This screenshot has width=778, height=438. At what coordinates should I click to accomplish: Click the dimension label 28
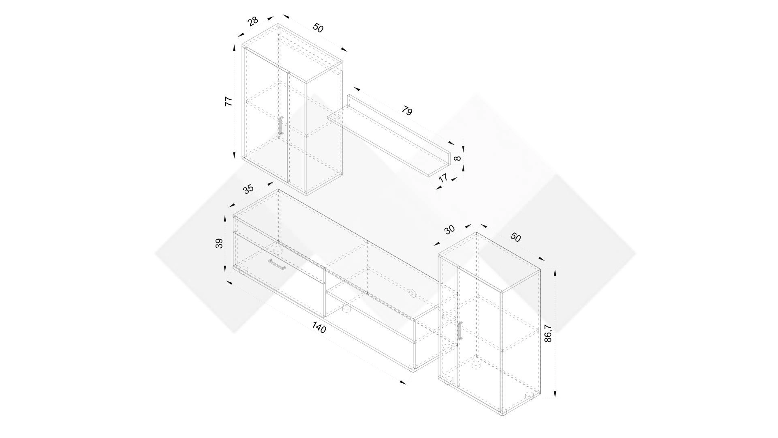click(253, 21)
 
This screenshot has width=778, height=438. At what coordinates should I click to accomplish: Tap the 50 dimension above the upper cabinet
click(318, 28)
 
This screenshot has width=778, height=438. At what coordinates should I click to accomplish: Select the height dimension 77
click(229, 101)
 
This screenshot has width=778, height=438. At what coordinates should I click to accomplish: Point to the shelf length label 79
click(407, 110)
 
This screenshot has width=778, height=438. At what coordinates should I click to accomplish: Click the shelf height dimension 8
click(457, 159)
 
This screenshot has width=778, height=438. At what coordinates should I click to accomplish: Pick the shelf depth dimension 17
click(443, 178)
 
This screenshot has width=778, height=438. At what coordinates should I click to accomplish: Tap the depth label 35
click(248, 189)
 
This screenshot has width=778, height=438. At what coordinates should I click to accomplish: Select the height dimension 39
click(219, 243)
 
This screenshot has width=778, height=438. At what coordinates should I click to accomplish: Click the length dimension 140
click(319, 327)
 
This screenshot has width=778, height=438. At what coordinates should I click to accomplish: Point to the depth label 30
click(449, 230)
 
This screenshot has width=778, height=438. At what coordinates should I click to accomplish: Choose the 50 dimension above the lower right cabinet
click(515, 237)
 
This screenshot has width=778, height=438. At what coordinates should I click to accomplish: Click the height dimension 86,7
click(548, 333)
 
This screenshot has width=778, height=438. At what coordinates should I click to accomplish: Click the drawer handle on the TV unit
click(277, 264)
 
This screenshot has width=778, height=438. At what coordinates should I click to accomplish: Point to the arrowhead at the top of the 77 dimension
click(234, 48)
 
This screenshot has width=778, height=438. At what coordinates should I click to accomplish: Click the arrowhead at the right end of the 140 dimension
click(402, 382)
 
